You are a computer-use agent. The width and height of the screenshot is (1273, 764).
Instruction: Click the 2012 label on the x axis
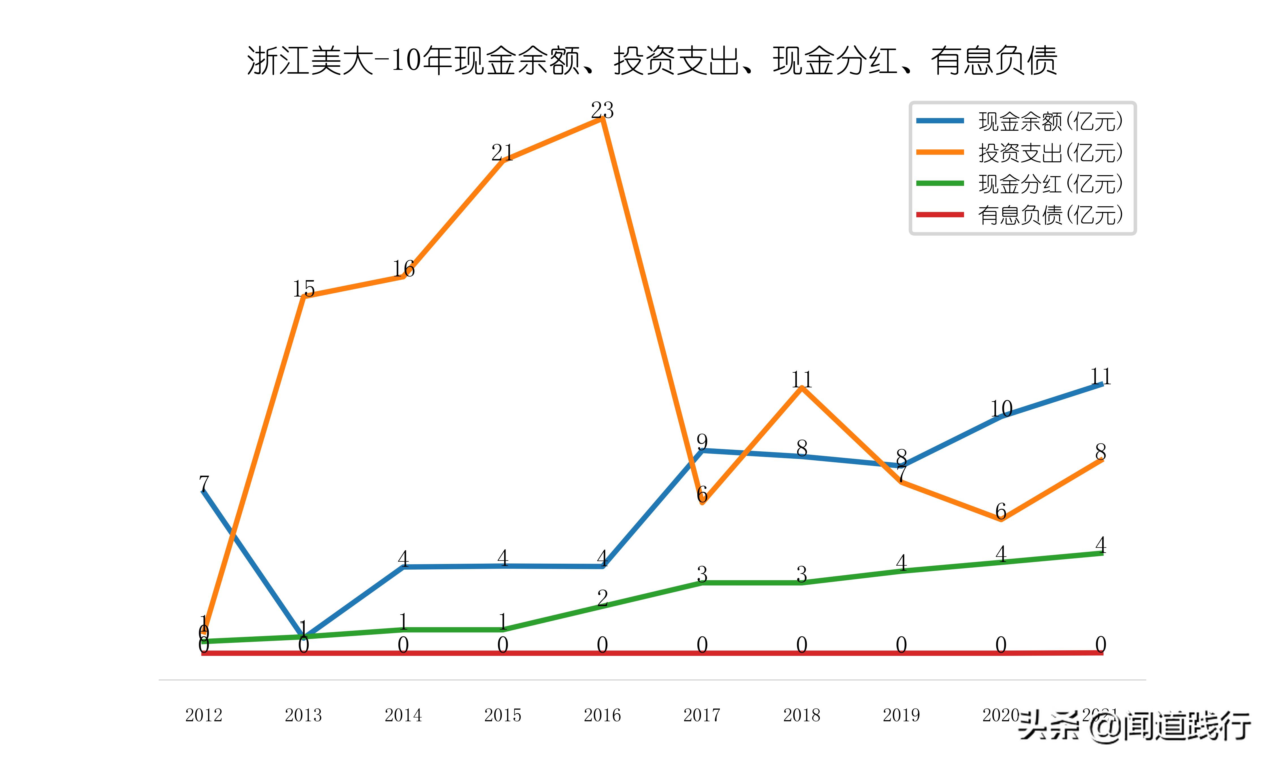pyautogui.click(x=204, y=715)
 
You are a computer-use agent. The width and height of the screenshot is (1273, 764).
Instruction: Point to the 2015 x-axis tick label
pyautogui.click(x=503, y=715)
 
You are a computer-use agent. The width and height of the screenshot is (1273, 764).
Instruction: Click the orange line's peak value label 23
pyautogui.click(x=602, y=110)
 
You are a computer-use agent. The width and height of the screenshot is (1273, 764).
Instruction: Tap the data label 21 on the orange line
pyautogui.click(x=502, y=153)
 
